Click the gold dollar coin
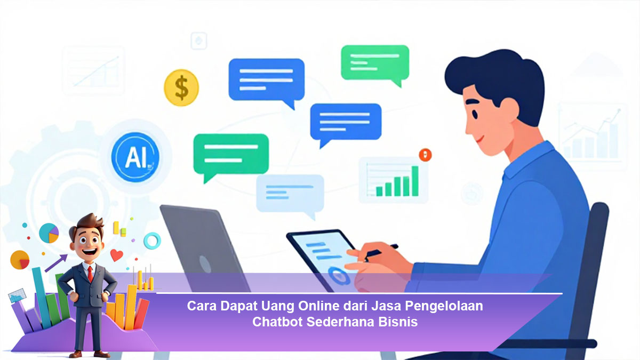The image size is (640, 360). tap(181, 87)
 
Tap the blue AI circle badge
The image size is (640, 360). tap(135, 157)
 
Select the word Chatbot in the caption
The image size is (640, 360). tap(277, 322)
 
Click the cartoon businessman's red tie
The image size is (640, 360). tap(90, 274)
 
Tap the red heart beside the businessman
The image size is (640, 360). tap(117, 255)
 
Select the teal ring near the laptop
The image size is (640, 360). tap(153, 241)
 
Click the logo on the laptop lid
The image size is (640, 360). tap(205, 263)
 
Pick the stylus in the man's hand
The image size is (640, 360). tap(381, 251)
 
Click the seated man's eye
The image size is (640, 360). tap(475, 114)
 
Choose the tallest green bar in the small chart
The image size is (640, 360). tap(415, 181)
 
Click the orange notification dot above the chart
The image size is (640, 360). tap(426, 155)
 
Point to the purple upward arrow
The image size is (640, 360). tap(57, 263)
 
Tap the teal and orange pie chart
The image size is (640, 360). tap(49, 233)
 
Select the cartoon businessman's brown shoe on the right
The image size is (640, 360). tap(102, 354)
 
